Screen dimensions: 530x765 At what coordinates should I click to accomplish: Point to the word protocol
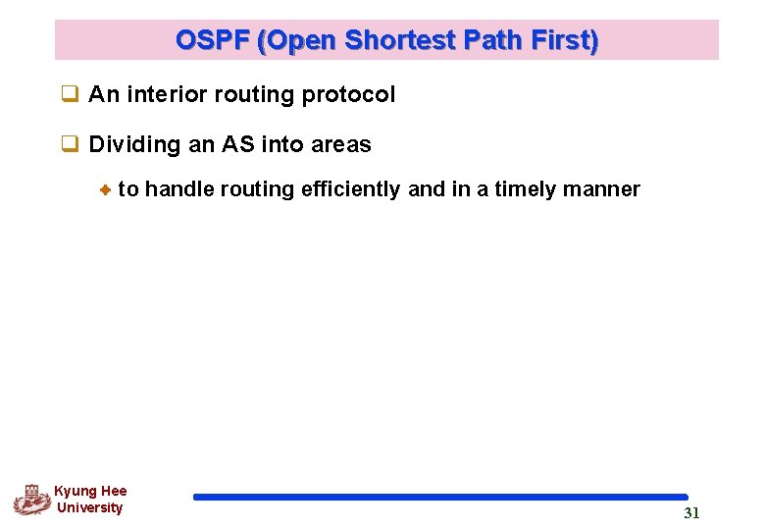point(348,95)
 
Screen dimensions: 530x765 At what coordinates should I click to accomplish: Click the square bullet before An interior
point(70,95)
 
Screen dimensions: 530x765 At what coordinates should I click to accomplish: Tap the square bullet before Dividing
point(70,145)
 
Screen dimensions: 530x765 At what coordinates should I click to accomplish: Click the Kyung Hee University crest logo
point(31,500)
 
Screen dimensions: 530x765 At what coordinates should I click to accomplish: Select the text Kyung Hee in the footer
point(90,491)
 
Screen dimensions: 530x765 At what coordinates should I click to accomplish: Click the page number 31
point(691,513)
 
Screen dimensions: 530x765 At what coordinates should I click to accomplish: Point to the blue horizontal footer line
point(440,498)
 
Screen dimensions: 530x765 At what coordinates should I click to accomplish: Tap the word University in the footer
point(90,507)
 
